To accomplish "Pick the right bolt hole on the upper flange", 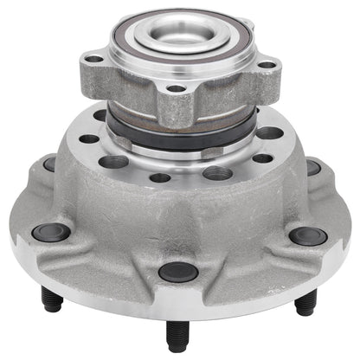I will (x=270, y=64).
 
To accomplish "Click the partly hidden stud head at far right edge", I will (x=312, y=166).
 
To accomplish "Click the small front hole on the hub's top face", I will (x=160, y=178).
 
